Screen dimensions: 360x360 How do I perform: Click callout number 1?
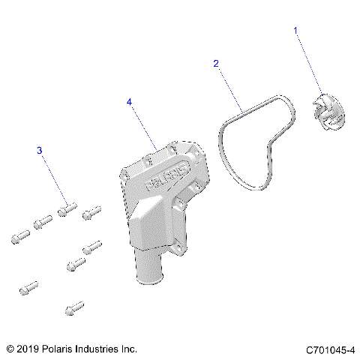tap(295, 31)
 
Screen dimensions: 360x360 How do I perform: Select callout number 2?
tap(216, 64)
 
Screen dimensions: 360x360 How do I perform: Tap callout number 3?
tap(40, 151)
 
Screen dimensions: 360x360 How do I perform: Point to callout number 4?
tap(129, 101)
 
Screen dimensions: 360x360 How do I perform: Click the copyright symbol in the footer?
tap(10, 349)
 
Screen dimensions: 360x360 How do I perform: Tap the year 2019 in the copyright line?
tap(28, 349)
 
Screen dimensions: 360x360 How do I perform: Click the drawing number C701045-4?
tap(330, 350)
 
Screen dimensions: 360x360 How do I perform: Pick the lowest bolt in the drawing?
tap(73, 307)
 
